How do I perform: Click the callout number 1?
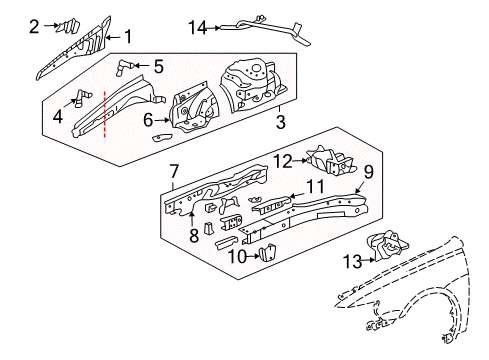[x=127, y=38]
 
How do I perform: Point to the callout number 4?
[x=56, y=116]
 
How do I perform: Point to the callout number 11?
[x=316, y=186]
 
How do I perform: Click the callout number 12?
[x=283, y=160]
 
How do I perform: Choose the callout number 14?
[x=198, y=29]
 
